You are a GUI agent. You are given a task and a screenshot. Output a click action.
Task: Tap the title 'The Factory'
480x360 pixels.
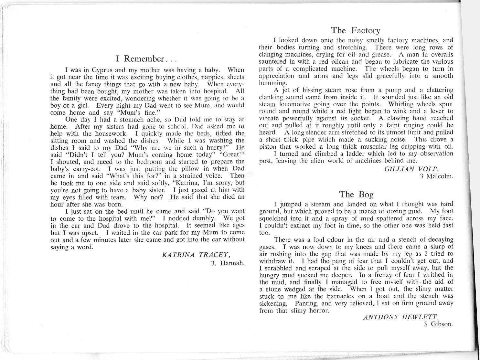pyautogui.click(x=355, y=31)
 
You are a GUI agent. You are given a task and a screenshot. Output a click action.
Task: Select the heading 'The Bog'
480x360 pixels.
pyautogui.click(x=356, y=194)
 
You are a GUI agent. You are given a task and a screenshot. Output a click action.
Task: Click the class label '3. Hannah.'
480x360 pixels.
pyautogui.click(x=227, y=263)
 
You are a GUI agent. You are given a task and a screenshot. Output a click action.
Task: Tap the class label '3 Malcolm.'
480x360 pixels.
pyautogui.click(x=436, y=176)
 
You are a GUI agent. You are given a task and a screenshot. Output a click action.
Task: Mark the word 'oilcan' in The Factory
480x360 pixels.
pyautogui.click(x=330, y=62)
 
